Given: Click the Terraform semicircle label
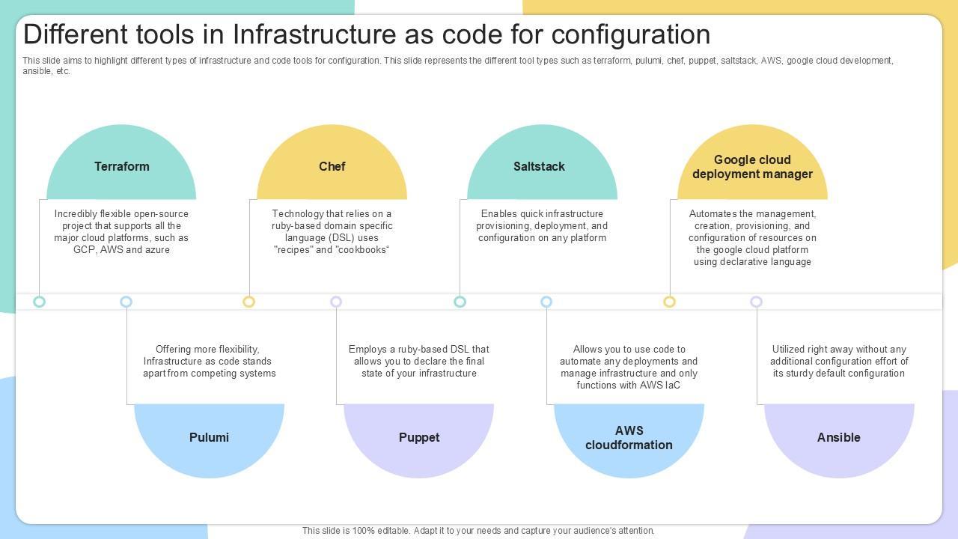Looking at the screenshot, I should pyautogui.click(x=121, y=166).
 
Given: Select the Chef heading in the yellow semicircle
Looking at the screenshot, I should pyautogui.click(x=332, y=166).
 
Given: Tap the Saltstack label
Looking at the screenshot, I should pyautogui.click(x=539, y=166).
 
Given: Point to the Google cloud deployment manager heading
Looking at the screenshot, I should pyautogui.click(x=752, y=167).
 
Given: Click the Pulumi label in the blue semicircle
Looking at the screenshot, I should pyautogui.click(x=209, y=437).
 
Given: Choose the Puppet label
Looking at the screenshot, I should pyautogui.click(x=419, y=437).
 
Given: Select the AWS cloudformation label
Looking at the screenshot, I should pyautogui.click(x=629, y=438).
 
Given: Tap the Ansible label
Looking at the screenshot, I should pyautogui.click(x=838, y=437).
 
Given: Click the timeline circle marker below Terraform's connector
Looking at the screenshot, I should pyautogui.click(x=40, y=302).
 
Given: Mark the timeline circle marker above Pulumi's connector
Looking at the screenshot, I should pyautogui.click(x=126, y=302).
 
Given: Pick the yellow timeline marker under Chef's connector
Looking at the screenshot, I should pyautogui.click(x=249, y=302).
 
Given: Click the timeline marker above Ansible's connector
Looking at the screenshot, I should pyautogui.click(x=757, y=302).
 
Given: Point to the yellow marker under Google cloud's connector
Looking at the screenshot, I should pyautogui.click(x=670, y=302).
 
